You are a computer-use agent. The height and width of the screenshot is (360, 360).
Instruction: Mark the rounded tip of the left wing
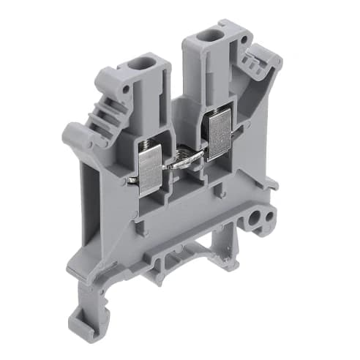click(73, 135)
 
